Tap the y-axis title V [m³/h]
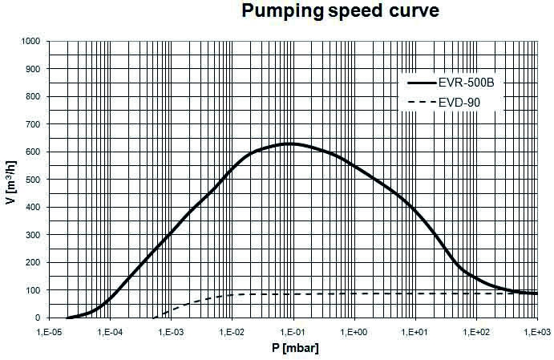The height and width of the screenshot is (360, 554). (9, 179)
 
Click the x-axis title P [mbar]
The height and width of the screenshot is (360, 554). (293, 349)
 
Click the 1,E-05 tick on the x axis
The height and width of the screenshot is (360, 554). (49, 330)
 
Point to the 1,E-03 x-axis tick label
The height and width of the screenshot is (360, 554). (171, 330)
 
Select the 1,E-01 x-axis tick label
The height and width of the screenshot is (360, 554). (293, 330)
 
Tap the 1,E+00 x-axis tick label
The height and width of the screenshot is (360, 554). (354, 330)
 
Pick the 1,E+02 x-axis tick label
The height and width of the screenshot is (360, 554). (476, 330)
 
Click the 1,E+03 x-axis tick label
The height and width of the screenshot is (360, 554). (536, 330)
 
